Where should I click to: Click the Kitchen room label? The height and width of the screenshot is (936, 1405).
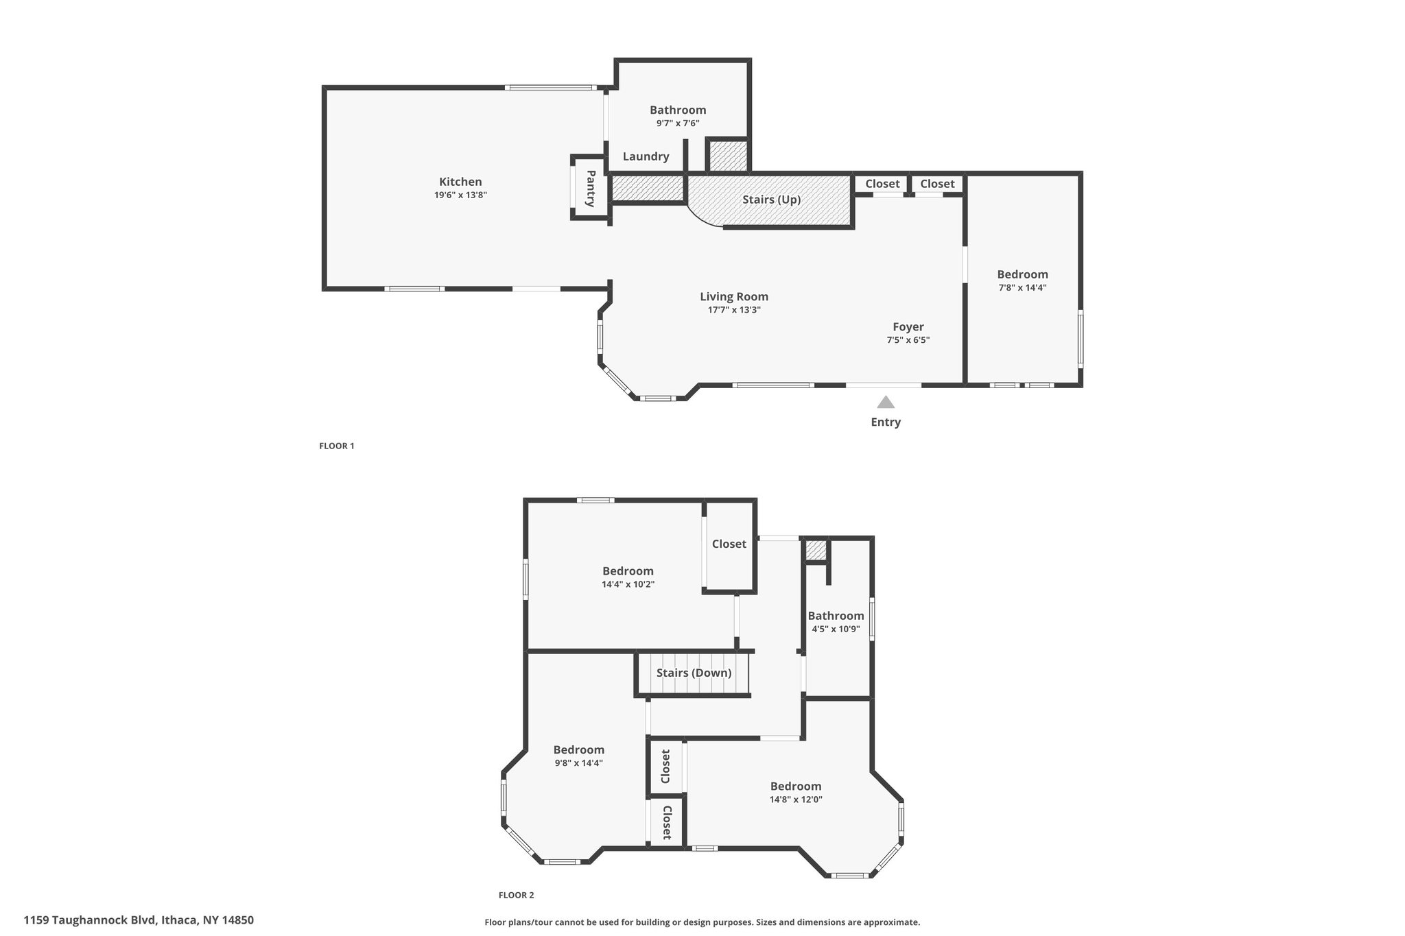460,182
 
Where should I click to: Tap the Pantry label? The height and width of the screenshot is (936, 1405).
590,189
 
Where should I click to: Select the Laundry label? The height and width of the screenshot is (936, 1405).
646,156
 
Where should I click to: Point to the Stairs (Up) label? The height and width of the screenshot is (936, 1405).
772,200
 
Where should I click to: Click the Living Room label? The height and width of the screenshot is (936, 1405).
734,296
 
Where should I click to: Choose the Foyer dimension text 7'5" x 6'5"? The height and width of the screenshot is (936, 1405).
908,340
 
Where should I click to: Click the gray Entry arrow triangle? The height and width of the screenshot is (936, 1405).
886,402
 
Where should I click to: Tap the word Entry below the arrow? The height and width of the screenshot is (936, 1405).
886,422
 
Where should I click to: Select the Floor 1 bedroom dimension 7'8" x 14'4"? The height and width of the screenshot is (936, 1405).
1023,288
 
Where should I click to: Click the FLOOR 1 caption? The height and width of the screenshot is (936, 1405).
337,446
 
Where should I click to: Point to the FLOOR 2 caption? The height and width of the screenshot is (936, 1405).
516,895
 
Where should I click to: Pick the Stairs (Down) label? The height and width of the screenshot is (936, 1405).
694,673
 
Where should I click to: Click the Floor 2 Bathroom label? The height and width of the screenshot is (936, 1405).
836,616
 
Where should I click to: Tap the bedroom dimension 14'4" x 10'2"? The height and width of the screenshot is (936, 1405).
628,585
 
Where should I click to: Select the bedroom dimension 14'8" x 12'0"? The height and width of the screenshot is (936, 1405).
796,800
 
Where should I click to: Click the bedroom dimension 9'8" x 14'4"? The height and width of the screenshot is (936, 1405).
579,763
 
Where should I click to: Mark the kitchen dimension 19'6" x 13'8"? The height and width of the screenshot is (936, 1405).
460,195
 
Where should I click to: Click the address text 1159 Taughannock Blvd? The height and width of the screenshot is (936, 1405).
91,920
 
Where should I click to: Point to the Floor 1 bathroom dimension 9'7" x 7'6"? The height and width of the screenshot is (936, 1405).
678,123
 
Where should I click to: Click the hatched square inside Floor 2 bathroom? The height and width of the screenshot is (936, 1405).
815,550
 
